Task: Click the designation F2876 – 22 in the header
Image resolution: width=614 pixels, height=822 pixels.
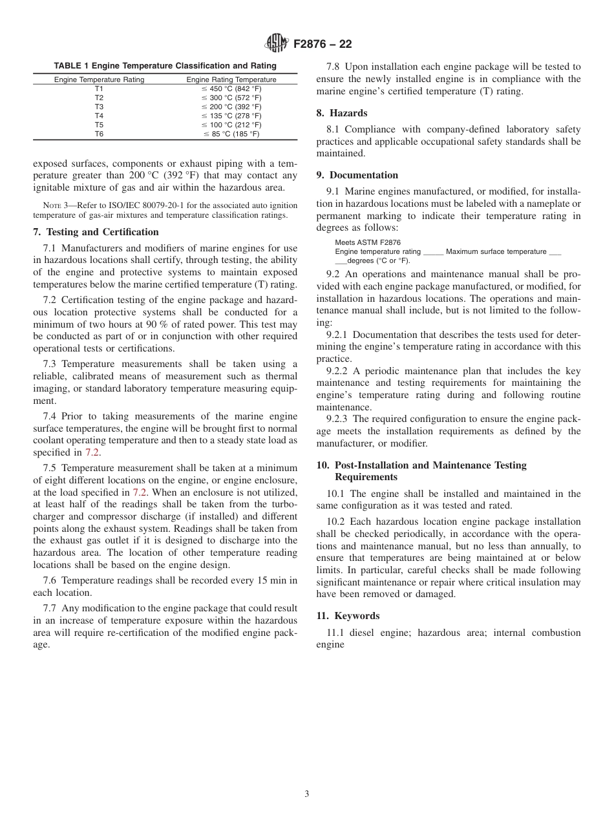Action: click(x=323, y=45)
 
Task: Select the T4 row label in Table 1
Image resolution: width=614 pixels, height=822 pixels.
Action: click(x=99, y=116)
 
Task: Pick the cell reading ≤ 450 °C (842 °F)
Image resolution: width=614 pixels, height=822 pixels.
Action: click(x=231, y=89)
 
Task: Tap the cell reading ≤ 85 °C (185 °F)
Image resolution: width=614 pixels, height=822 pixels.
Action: click(x=231, y=134)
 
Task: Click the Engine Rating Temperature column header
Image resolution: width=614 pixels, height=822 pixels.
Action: click(x=231, y=79)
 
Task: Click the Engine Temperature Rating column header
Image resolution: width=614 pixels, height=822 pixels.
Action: click(x=99, y=79)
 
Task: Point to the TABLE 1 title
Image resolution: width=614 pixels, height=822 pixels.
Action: click(x=165, y=65)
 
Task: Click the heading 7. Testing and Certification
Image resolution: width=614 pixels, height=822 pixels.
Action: click(x=96, y=232)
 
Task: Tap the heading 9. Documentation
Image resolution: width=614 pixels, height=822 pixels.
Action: click(x=357, y=175)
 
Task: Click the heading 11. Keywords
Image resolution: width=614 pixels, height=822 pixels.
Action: click(x=348, y=616)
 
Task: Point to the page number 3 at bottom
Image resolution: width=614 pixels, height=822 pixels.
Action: click(x=307, y=794)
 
